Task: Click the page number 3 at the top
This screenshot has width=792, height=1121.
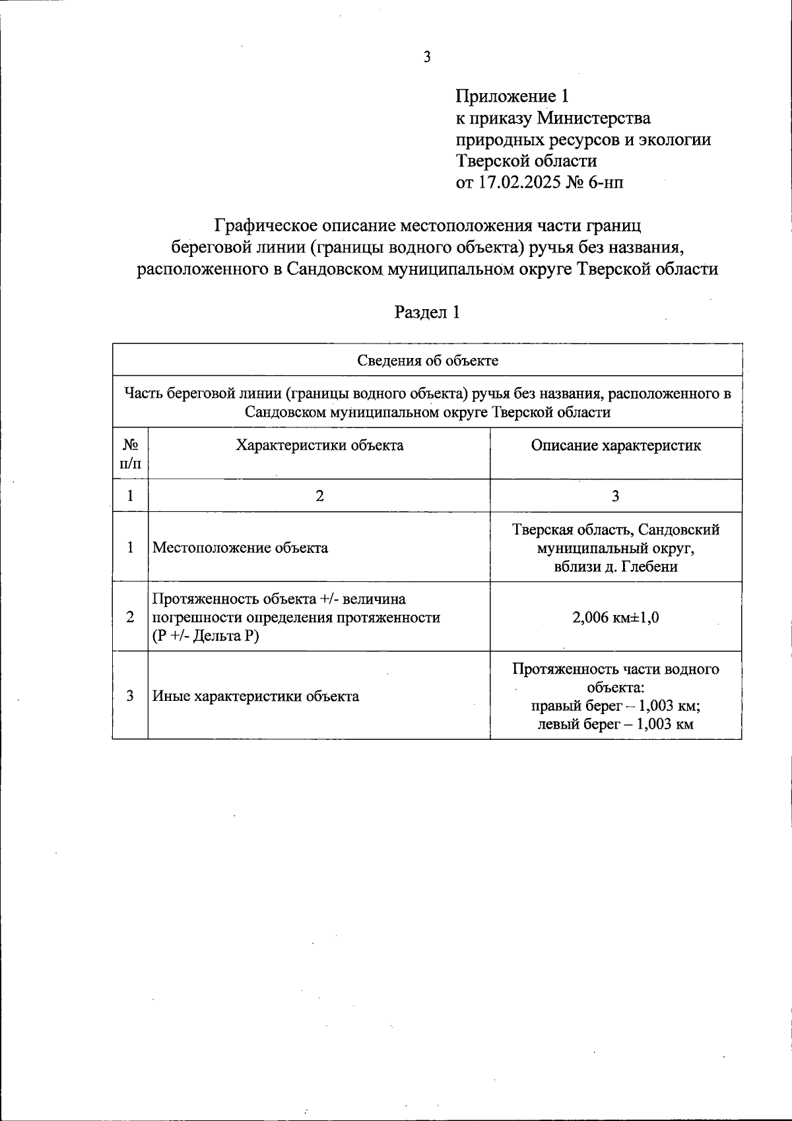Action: click(427, 57)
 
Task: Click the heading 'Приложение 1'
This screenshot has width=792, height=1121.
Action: click(511, 96)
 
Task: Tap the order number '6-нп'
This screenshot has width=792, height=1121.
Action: click(605, 182)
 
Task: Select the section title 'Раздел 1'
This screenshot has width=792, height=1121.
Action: click(427, 312)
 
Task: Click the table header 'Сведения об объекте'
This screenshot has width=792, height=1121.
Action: click(427, 360)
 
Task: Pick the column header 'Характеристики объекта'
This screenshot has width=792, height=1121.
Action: click(319, 445)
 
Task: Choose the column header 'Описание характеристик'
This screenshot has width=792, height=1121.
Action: click(615, 445)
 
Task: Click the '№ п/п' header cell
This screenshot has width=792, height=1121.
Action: click(130, 454)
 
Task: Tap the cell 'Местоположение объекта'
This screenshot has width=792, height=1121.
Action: click(240, 548)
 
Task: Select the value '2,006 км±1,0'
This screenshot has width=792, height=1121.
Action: click(615, 618)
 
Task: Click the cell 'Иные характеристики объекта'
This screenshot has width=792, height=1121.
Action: click(256, 696)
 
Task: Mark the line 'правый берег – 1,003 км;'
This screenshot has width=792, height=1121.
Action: click(615, 705)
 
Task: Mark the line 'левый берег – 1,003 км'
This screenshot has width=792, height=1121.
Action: click(615, 724)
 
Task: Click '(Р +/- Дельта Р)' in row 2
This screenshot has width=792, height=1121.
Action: click(206, 636)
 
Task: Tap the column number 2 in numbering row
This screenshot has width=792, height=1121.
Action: click(319, 495)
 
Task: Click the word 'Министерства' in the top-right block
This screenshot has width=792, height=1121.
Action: click(593, 118)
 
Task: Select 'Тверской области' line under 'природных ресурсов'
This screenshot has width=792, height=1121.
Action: click(526, 161)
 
